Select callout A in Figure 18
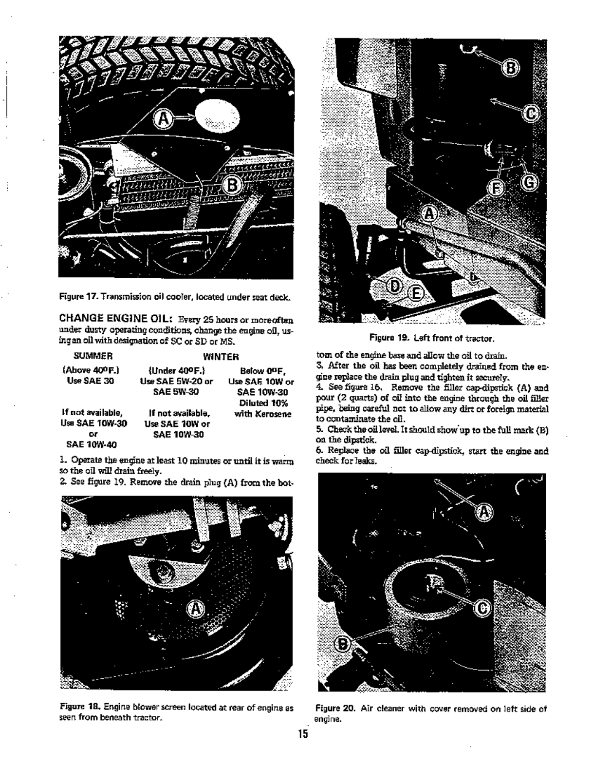(195, 610)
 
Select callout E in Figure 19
(415, 294)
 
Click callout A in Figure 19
(429, 213)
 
